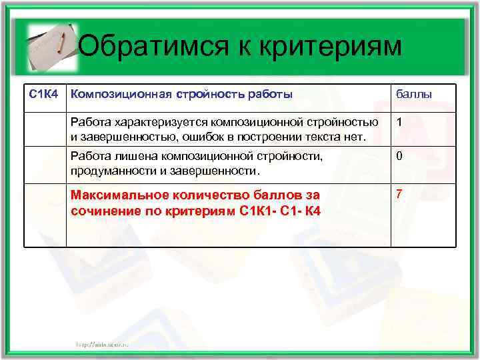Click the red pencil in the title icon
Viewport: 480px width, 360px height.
point(59,43)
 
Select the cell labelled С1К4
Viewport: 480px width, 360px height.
point(45,94)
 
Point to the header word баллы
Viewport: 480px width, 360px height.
point(414,95)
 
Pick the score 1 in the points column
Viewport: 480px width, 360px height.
point(399,123)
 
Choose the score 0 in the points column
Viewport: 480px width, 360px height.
point(399,157)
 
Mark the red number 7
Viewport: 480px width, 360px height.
point(399,194)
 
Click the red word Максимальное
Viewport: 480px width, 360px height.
point(115,195)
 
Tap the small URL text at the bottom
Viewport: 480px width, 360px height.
point(101,343)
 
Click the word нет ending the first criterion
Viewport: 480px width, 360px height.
point(355,137)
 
